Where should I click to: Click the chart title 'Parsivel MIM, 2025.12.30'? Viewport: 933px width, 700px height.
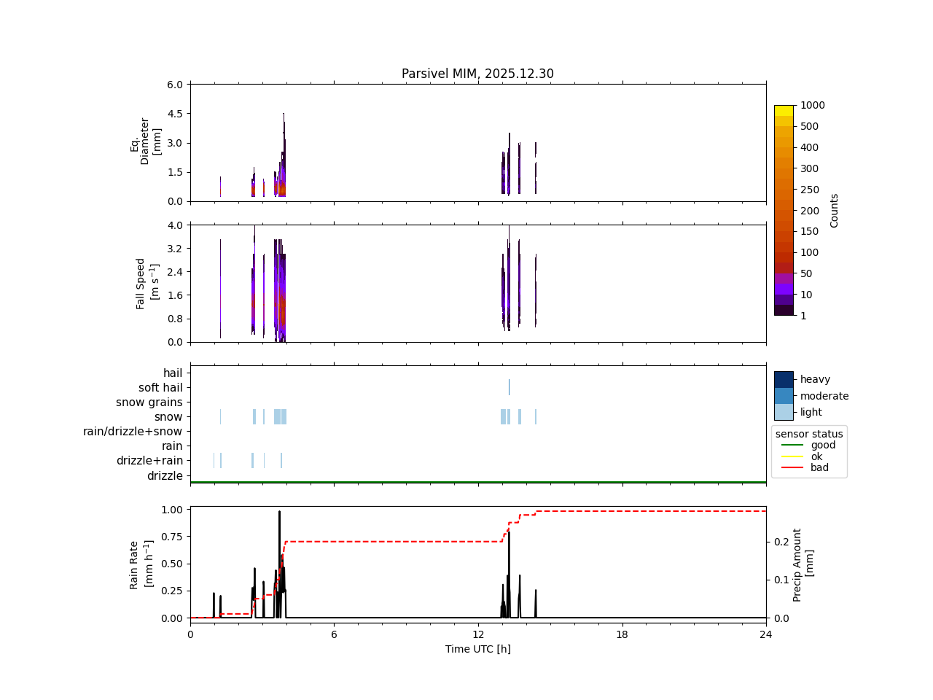pos(477,74)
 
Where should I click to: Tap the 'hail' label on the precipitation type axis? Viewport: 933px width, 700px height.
pos(173,373)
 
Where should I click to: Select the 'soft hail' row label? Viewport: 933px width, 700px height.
pos(160,388)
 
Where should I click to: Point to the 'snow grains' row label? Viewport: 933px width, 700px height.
pos(149,402)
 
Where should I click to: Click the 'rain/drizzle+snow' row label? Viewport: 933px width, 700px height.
pos(133,432)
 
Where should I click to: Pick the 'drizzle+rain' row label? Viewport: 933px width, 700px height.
pos(149,461)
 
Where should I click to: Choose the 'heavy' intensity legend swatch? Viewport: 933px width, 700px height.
pos(784,379)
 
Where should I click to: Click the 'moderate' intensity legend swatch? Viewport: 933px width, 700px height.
pos(784,396)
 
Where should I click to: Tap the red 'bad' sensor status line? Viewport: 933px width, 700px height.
pos(792,468)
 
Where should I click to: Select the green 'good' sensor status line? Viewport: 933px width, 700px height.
pos(792,445)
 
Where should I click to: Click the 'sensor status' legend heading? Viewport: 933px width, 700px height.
pos(809,434)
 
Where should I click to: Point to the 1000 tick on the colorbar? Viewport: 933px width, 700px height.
pos(813,106)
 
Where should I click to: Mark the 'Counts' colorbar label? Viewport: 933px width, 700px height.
pos(835,211)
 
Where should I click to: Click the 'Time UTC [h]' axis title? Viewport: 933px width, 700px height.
pos(477,649)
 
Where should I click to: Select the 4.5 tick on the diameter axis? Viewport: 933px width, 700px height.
pos(174,114)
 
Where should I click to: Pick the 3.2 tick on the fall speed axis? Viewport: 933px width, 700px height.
pos(174,249)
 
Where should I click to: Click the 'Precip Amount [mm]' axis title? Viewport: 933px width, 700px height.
pos(803,564)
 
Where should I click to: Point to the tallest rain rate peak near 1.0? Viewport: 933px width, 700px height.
pos(279,512)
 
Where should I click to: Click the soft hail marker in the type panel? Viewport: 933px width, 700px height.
pos(509,387)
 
